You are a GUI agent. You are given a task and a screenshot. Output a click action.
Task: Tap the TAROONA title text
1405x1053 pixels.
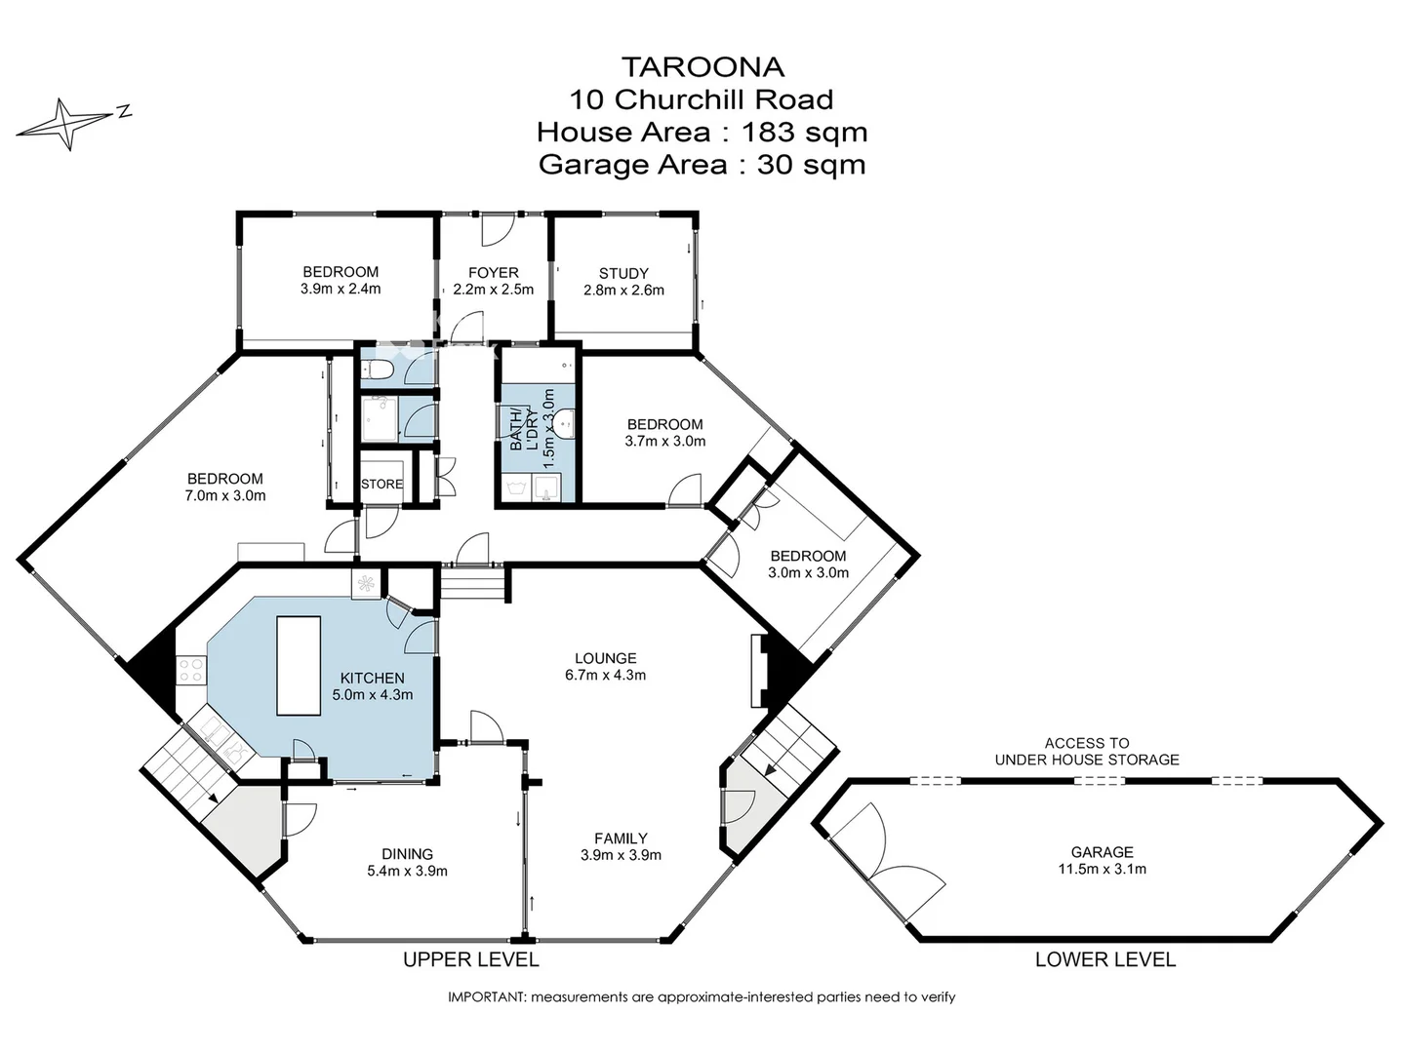[702, 66]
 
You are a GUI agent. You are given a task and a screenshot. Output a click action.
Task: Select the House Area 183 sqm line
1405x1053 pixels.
[702, 131]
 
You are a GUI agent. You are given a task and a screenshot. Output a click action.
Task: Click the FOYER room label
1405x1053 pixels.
[493, 273]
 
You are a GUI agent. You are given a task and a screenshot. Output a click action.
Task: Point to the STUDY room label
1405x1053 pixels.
[623, 274]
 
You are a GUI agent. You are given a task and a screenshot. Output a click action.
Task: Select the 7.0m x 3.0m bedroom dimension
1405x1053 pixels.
[225, 495]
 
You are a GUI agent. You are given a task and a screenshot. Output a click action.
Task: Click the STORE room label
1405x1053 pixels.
[381, 484]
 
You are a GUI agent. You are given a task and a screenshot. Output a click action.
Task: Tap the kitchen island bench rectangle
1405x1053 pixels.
[298, 665]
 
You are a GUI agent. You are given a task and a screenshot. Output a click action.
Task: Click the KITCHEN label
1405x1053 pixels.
[372, 679]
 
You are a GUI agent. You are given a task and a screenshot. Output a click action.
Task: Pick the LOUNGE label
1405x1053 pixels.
[605, 658]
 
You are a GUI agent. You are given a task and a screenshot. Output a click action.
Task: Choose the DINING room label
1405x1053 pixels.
[407, 854]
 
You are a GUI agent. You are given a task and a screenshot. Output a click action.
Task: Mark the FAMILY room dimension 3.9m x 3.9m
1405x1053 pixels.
[622, 855]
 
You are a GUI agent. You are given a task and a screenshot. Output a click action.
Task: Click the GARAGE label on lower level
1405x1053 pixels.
[1103, 851]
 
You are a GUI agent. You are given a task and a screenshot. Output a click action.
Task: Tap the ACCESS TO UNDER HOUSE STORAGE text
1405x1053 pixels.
[1087, 751]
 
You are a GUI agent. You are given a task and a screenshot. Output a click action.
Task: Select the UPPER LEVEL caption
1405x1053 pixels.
[470, 959]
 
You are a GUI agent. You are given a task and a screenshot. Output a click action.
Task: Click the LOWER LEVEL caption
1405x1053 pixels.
[1104, 959]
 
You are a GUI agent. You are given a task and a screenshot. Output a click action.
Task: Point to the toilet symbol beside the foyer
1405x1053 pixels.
[380, 370]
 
